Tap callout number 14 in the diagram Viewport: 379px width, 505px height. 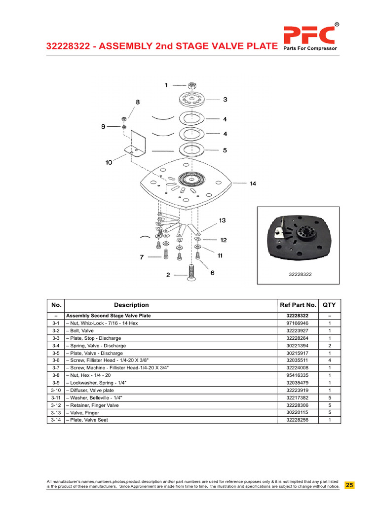click(253, 184)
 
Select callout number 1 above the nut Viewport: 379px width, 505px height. click(166, 85)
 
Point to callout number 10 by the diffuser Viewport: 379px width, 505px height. click(109, 162)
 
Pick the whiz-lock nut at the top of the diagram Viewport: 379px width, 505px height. click(192, 85)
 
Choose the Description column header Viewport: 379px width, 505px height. click(131, 305)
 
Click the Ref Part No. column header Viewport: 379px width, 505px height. click(297, 305)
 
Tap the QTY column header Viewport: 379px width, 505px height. click(329, 305)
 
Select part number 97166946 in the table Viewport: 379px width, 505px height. click(297, 323)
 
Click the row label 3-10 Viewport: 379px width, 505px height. click(55, 390)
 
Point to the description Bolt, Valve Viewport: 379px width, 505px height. click(81, 330)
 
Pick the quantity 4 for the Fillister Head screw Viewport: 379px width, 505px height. click(329, 361)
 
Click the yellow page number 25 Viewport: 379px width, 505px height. click(349, 485)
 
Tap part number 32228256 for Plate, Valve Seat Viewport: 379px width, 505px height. click(297, 420)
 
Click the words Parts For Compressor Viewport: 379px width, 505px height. click(310, 48)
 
